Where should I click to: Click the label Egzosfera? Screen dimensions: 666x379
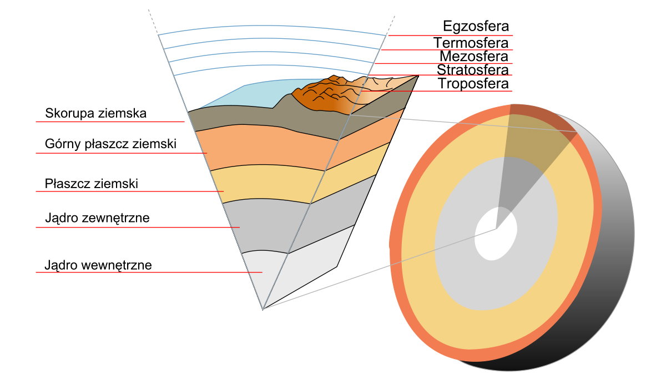[x=476, y=26]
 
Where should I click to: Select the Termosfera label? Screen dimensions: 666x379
[x=471, y=43]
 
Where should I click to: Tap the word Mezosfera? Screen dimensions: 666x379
[x=474, y=56]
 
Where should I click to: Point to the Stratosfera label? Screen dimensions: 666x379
[x=473, y=70]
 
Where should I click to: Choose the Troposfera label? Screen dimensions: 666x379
[x=473, y=84]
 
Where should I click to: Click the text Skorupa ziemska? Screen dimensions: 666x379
[x=95, y=113]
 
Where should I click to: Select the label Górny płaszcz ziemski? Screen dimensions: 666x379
[x=110, y=144]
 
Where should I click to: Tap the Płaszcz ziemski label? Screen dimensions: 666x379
[x=91, y=184]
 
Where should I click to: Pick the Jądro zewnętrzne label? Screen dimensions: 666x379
[x=97, y=218]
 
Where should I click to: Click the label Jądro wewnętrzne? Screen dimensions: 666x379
[x=98, y=265]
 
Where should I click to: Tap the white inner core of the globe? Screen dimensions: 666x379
[x=496, y=234]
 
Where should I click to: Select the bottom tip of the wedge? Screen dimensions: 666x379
[x=263, y=310]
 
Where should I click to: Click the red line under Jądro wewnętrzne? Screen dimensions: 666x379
[x=149, y=272]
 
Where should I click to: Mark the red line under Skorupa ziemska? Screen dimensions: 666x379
[x=110, y=122]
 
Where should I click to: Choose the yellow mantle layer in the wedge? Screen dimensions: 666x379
[x=268, y=182]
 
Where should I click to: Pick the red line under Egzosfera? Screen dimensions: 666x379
[x=451, y=36]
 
